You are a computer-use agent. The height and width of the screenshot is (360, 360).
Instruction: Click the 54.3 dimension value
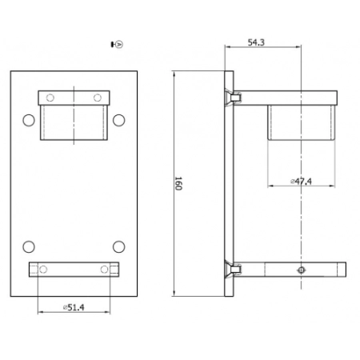256,42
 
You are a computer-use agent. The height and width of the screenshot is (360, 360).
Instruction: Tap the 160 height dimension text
178,183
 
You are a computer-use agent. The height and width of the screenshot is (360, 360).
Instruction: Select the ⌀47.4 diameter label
301,182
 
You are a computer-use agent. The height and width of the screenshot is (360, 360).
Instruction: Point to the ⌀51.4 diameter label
74,307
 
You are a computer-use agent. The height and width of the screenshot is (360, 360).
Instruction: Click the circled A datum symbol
120,44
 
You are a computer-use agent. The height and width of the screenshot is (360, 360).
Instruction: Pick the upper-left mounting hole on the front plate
29,120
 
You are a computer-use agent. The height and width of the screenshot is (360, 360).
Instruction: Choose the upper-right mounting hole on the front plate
118,120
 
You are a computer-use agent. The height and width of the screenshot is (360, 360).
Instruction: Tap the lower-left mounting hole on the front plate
29,247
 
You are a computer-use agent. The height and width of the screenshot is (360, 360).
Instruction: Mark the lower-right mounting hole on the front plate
118,247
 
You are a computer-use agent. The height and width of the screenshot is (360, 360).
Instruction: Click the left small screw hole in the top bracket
50,98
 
